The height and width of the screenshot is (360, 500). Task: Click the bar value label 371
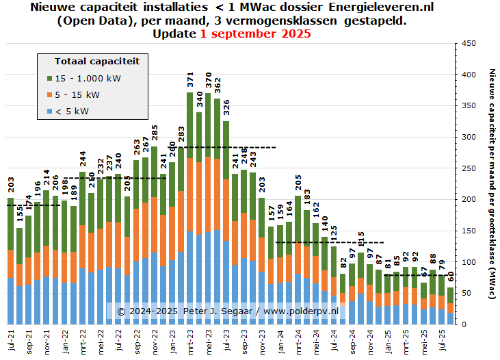click(190, 81)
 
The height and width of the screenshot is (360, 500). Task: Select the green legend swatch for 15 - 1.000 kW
click(49, 78)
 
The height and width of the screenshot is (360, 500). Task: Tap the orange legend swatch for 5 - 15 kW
click(49, 94)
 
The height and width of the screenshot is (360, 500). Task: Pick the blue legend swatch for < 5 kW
click(49, 110)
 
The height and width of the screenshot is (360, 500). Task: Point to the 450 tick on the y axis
click(469, 43)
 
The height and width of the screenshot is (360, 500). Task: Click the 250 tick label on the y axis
click(469, 168)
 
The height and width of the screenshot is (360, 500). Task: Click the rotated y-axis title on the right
click(492, 183)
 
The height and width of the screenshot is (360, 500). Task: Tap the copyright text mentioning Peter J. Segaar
click(228, 311)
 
